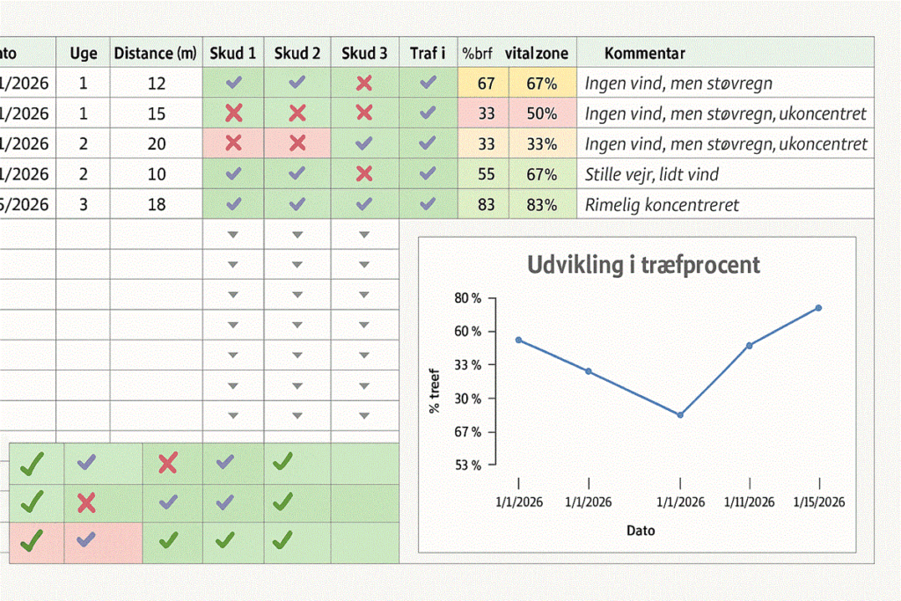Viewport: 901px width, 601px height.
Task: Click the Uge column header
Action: pos(84,53)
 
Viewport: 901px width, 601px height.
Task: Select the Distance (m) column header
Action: pos(156,53)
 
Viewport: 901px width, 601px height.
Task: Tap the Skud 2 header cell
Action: pos(297,53)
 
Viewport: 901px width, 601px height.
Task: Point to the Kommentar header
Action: pos(645,54)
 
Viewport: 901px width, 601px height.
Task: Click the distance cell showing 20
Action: pos(157,143)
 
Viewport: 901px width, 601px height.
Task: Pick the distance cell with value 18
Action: pos(157,204)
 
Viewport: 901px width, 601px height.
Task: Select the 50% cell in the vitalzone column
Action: pos(542,114)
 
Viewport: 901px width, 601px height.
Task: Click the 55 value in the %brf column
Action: pos(486,174)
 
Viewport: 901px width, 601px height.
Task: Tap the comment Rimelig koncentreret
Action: pos(662,205)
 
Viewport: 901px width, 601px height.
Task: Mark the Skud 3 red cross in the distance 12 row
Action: pos(364,83)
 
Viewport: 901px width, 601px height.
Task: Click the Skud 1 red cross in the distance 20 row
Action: pos(233,143)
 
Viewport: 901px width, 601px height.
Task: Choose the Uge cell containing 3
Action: pos(84,204)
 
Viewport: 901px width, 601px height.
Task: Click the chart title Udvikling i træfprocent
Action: pos(643,264)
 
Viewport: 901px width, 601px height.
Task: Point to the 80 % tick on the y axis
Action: pos(468,298)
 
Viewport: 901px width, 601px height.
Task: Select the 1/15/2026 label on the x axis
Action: pos(819,502)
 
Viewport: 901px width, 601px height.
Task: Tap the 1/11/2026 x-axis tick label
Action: pos(750,502)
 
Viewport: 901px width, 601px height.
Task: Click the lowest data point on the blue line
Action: pos(680,414)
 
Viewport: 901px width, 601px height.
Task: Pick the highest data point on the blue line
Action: pos(818,308)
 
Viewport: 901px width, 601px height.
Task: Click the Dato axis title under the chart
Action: pos(641,531)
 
